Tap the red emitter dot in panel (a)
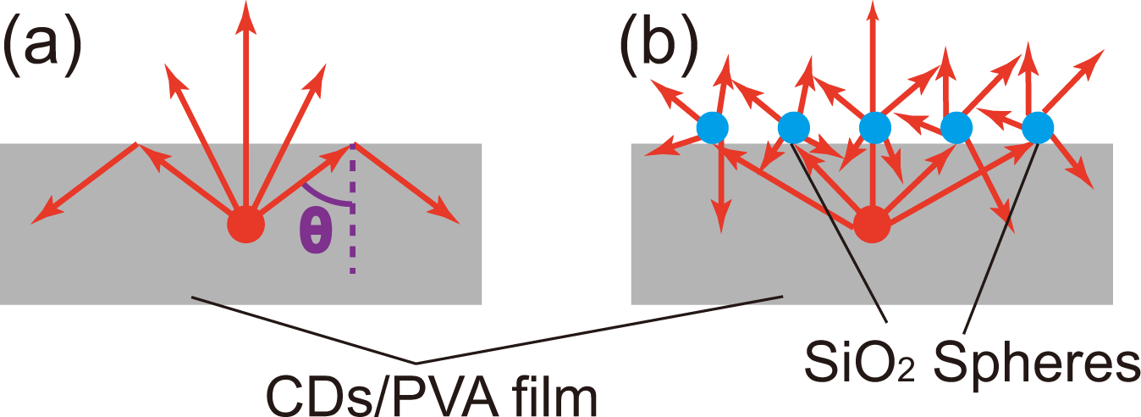point(245,225)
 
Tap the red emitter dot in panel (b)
point(872,225)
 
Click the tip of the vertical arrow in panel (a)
point(245,7)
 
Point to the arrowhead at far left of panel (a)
point(37,220)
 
